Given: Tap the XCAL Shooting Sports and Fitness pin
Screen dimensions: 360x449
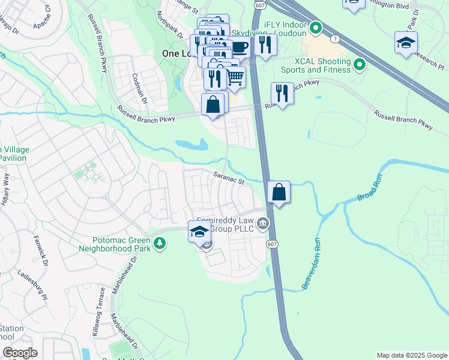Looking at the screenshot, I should [x=360, y=64].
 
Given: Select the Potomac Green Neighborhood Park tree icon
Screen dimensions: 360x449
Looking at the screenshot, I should [x=160, y=242].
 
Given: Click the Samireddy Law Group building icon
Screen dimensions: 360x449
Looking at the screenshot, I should [x=263, y=224].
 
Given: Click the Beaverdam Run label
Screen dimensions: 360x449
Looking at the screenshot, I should [x=313, y=264].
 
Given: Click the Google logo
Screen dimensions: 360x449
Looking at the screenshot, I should [x=19, y=353].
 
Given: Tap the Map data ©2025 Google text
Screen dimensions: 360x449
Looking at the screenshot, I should [x=411, y=355].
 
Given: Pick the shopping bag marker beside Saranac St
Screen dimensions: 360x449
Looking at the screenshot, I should [x=279, y=193].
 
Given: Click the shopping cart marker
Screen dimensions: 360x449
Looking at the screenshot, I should [x=235, y=77].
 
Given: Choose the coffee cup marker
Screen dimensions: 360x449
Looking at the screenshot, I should [x=240, y=47].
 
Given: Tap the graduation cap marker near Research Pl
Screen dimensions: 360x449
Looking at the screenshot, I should [x=406, y=43].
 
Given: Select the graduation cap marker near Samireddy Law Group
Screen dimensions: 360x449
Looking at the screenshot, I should [x=199, y=232].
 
